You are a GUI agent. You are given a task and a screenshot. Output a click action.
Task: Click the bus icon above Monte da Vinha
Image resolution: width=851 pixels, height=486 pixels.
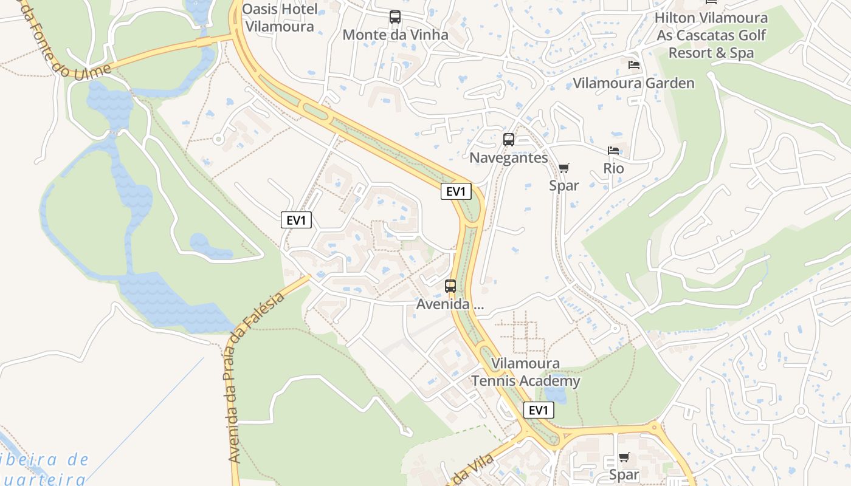(x=395, y=17)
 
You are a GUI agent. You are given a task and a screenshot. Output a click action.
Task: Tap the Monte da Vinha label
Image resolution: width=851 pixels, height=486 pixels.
(x=395, y=35)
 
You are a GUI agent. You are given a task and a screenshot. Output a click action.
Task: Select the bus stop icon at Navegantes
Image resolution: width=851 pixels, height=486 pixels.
(x=509, y=140)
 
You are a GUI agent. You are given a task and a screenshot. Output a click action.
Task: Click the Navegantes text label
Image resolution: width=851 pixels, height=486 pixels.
(x=509, y=158)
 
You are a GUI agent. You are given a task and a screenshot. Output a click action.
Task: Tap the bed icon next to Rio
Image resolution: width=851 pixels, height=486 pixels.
(x=613, y=150)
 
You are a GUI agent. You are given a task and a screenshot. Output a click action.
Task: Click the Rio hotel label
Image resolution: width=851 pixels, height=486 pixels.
(x=613, y=168)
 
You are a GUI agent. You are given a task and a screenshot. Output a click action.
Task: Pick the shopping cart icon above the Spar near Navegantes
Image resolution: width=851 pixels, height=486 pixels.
(x=564, y=168)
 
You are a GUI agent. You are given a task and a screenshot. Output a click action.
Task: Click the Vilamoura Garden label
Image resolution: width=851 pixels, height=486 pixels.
(x=633, y=83)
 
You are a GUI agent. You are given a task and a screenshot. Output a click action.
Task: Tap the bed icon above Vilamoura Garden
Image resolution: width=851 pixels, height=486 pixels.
(x=633, y=65)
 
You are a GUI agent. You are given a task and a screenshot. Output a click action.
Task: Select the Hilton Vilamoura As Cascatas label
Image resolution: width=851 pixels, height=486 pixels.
(x=711, y=35)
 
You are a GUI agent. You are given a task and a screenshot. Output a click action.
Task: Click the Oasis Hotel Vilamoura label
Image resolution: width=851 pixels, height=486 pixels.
(x=280, y=18)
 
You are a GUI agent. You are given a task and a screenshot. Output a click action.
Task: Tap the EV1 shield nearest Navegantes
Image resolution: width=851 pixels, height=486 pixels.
(x=456, y=192)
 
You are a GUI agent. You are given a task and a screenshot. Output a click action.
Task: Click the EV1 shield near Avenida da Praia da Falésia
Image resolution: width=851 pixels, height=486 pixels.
(x=296, y=220)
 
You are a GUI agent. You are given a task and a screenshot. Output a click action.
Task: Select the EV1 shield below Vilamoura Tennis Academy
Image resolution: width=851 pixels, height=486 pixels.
(x=539, y=411)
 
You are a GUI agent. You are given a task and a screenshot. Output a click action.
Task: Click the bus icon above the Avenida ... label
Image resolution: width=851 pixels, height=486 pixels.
(x=450, y=286)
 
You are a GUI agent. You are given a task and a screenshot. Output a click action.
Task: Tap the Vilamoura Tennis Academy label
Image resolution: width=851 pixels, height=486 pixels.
(x=526, y=372)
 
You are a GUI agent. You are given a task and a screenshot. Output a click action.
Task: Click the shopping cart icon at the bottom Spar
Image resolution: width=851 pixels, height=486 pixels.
(x=624, y=457)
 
